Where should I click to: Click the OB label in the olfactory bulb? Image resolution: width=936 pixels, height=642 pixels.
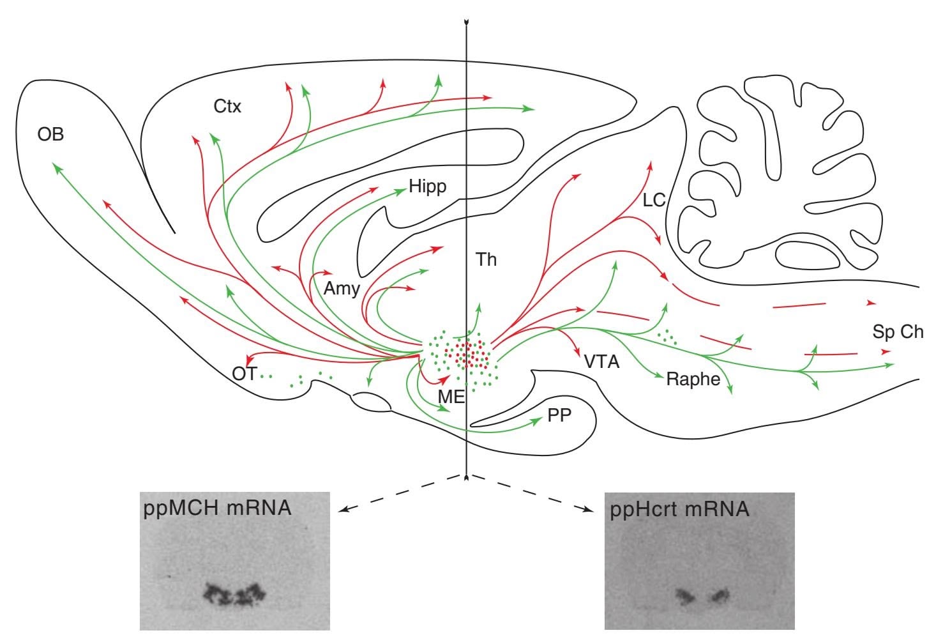(x=50, y=135)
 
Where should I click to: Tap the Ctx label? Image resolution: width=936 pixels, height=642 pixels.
(x=227, y=107)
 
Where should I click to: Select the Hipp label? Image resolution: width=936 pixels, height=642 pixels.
(x=427, y=187)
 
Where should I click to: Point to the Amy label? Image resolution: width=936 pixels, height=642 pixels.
(x=342, y=288)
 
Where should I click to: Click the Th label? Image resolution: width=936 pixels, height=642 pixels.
(x=486, y=259)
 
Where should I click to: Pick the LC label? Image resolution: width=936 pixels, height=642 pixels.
(x=654, y=201)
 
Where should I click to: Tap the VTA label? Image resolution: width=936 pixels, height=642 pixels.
(x=601, y=362)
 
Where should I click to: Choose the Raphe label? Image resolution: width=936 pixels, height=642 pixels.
(x=693, y=379)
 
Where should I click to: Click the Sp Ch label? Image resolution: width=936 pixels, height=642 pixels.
(x=898, y=332)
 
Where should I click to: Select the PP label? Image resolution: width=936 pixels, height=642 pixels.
(x=559, y=416)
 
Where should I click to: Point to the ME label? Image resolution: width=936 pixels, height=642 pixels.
(x=451, y=396)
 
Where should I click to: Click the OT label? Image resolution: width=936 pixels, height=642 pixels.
(x=244, y=374)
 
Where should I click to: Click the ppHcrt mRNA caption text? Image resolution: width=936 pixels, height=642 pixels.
(x=679, y=510)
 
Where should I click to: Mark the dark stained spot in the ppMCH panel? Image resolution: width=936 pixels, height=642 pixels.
(x=233, y=594)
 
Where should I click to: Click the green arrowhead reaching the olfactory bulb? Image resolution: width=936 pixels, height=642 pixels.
(x=56, y=167)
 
